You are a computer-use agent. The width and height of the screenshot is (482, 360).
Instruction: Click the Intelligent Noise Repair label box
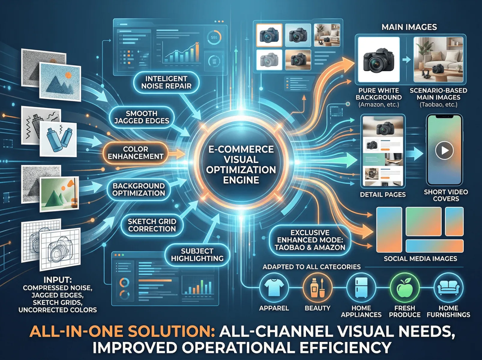(166, 82)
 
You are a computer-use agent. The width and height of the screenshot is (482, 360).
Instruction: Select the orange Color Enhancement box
(136, 153)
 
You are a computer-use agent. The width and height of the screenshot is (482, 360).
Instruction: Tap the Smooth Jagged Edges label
(142, 117)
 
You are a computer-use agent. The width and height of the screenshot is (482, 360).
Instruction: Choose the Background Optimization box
(139, 190)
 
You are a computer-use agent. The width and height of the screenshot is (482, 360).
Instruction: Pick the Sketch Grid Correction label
(152, 225)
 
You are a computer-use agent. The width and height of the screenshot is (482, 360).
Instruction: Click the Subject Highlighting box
(197, 255)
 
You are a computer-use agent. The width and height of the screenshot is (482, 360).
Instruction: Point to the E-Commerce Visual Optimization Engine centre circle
(241, 164)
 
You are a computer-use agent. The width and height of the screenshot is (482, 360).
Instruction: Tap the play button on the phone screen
(444, 150)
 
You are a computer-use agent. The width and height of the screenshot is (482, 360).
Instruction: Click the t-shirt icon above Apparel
(274, 287)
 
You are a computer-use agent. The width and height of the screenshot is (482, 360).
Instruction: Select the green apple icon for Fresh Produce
(405, 287)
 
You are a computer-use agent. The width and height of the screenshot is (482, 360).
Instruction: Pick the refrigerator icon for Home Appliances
(361, 287)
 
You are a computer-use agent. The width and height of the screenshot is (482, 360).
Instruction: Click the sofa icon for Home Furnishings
(448, 287)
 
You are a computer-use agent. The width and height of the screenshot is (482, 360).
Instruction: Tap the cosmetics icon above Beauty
(317, 287)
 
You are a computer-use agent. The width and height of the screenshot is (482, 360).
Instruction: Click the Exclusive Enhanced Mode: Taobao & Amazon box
(310, 240)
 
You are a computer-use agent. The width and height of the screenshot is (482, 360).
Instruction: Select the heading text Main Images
(409, 27)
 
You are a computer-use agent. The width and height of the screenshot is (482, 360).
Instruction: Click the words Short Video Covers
(446, 195)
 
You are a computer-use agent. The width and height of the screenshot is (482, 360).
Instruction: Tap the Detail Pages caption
(383, 195)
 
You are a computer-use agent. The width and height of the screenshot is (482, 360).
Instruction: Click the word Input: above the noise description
(58, 280)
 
